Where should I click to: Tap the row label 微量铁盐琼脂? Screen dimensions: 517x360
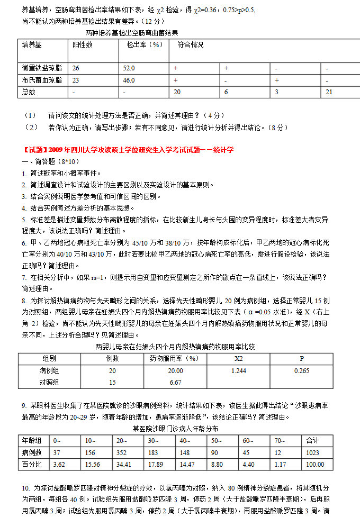(42, 68)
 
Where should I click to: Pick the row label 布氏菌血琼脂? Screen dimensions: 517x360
(42, 80)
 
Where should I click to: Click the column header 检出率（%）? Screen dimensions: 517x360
(144, 45)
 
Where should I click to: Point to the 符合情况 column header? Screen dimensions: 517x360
(191, 45)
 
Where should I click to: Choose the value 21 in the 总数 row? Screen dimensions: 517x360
(329, 92)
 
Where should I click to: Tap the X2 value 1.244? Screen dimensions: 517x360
(239, 371)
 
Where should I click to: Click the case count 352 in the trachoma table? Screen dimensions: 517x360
(122, 452)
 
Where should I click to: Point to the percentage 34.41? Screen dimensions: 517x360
(124, 464)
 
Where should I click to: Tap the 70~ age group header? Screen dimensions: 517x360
(279, 440)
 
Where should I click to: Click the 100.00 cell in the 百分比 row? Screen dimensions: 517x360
(316, 464)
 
